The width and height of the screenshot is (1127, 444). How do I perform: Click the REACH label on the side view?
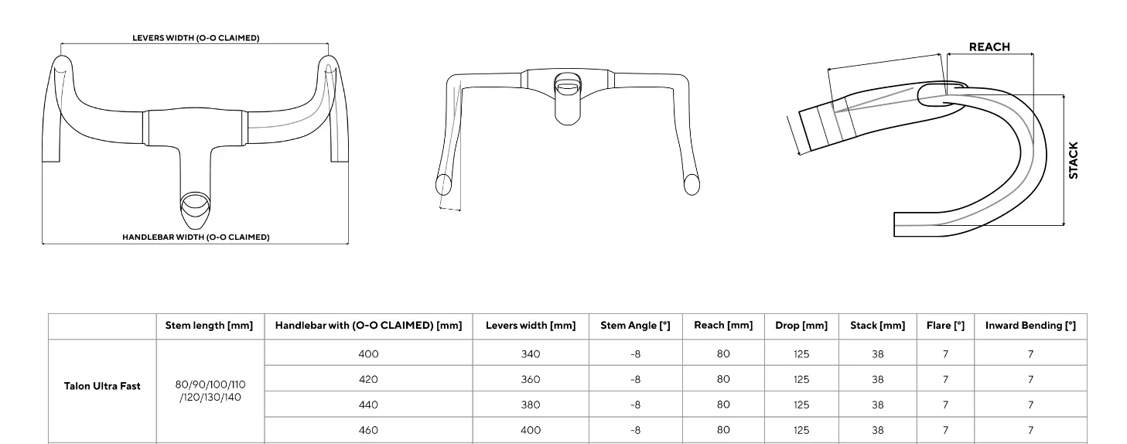[989, 47]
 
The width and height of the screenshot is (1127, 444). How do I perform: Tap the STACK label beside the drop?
[1073, 160]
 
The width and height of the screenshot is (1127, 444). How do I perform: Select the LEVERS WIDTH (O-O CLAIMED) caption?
[196, 38]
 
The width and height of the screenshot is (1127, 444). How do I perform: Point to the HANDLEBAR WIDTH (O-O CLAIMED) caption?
[196, 237]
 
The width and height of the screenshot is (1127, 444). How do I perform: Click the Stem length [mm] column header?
[210, 326]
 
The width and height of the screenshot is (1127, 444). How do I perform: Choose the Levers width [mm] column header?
[531, 326]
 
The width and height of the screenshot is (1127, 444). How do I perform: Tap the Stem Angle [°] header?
[636, 326]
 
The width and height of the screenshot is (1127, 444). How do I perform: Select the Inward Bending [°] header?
[1030, 326]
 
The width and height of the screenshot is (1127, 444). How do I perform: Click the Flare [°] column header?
[945, 326]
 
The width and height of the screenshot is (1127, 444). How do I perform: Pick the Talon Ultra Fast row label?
[102, 386]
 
